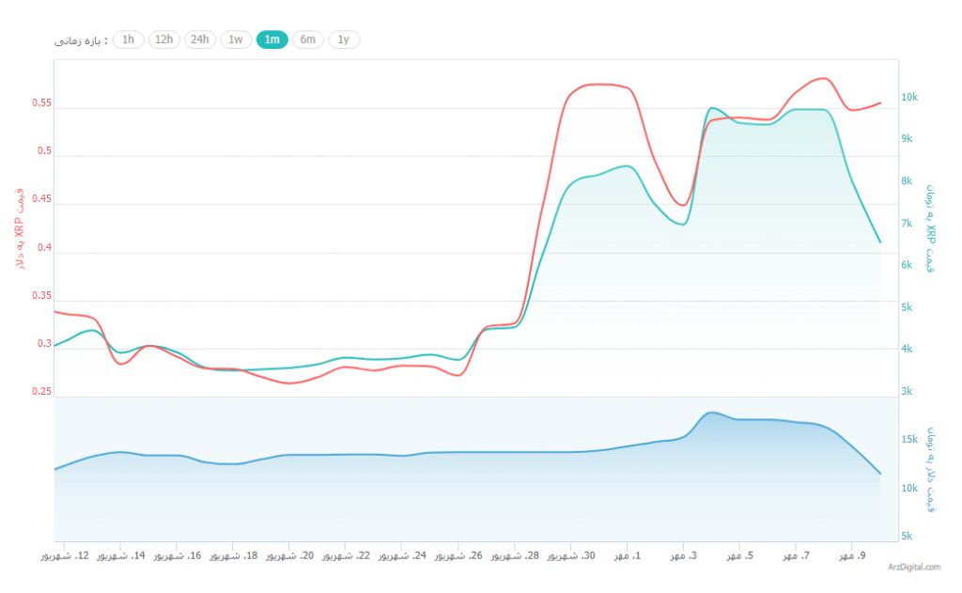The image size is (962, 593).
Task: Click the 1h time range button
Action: [128, 39]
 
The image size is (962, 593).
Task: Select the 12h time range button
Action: [163, 39]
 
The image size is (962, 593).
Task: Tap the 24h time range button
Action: [199, 39]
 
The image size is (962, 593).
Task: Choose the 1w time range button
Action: [236, 39]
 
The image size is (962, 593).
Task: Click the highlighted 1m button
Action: [272, 39]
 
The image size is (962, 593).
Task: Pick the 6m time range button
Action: [308, 39]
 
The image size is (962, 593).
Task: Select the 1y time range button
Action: [344, 39]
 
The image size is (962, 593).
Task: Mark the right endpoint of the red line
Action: [880, 102]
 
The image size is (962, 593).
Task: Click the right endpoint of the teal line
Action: [880, 242]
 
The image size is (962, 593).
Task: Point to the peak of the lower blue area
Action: [711, 413]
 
